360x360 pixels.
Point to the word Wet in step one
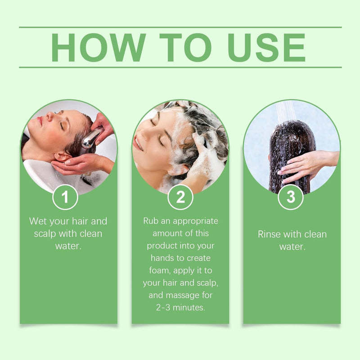(x=39, y=221)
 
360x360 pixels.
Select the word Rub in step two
(x=152, y=221)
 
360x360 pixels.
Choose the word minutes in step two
(x=191, y=308)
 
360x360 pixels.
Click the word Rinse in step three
(x=269, y=234)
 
